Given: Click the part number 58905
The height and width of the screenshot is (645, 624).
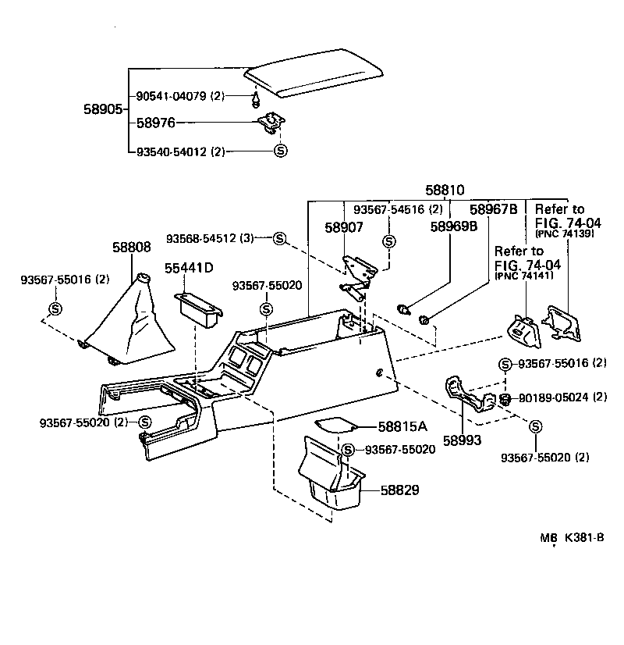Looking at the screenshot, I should click(x=103, y=109).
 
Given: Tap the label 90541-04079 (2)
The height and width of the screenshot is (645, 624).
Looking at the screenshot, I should click(x=179, y=96).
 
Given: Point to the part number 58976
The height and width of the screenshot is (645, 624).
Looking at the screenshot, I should click(x=155, y=123).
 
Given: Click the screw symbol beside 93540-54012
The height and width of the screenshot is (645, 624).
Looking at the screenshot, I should click(x=281, y=151).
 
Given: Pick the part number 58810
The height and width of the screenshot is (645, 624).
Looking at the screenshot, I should click(x=445, y=190).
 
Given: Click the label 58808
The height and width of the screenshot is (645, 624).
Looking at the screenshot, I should click(x=130, y=246).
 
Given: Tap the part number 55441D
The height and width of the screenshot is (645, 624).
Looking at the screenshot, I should click(x=189, y=268).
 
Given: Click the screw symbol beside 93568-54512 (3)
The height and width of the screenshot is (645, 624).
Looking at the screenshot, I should click(x=279, y=237).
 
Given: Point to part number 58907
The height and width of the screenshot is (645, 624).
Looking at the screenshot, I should click(x=344, y=228).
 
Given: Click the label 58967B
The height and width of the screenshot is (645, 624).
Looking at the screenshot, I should click(x=493, y=209).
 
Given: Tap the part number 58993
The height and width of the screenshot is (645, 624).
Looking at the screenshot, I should click(x=463, y=440).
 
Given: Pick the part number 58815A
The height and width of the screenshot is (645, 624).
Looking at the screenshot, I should click(x=402, y=426).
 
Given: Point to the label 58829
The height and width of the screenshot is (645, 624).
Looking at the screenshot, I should click(x=400, y=490).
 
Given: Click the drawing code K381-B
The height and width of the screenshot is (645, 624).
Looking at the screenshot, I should click(x=584, y=537).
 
